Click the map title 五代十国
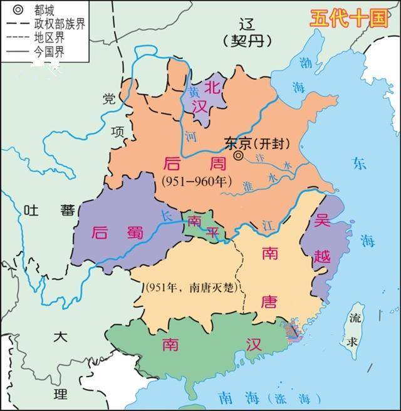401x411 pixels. [349, 18]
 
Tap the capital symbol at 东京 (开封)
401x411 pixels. [238, 155]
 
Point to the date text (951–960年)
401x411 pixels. [196, 181]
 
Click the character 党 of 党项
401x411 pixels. [110, 99]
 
